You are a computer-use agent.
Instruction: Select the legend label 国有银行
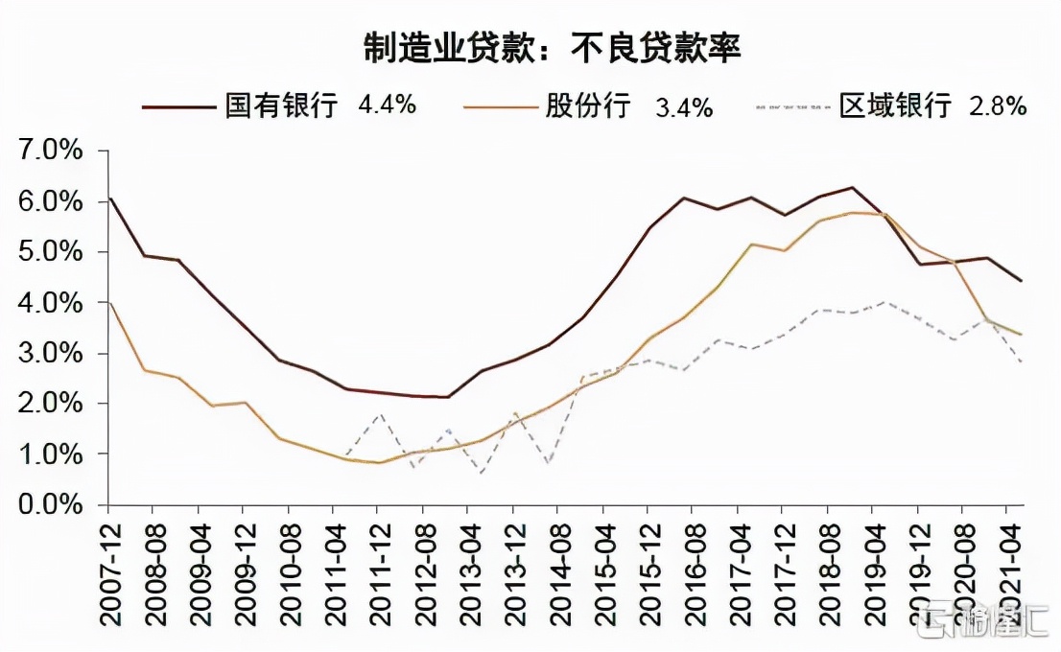pyautogui.click(x=281, y=105)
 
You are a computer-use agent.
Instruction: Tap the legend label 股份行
pyautogui.click(x=587, y=105)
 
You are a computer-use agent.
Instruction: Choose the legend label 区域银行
pyautogui.click(x=894, y=105)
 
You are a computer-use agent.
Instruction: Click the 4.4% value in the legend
pyautogui.click(x=387, y=105)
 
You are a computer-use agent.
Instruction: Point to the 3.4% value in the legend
pyautogui.click(x=683, y=106)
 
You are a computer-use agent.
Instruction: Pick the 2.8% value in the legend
pyautogui.click(x=998, y=105)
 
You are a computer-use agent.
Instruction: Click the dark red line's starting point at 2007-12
pyautogui.click(x=109, y=198)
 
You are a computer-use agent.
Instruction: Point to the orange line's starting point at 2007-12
pyautogui.click(x=109, y=303)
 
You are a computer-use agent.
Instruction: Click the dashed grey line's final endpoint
pyautogui.click(x=1021, y=362)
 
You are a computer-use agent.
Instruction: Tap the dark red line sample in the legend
pyautogui.click(x=178, y=106)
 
